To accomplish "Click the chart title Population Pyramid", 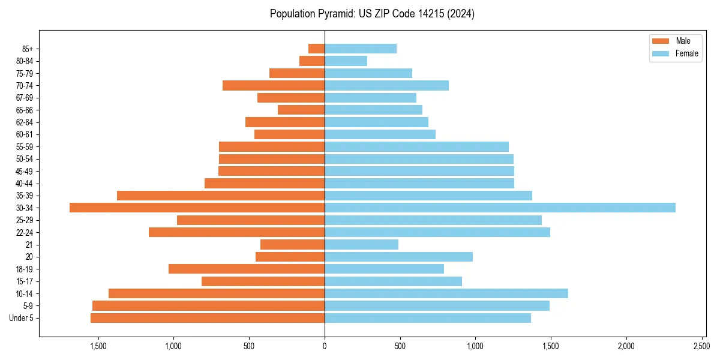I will pyautogui.click(x=372, y=14).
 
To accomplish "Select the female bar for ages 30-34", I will pyautogui.click(x=500, y=208).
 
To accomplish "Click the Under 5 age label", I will pyautogui.click(x=22, y=318).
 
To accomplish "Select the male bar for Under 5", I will pyautogui.click(x=208, y=318).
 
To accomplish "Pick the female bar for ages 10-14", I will pyautogui.click(x=446, y=293).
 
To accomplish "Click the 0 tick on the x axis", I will pyautogui.click(x=325, y=346).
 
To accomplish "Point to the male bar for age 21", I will pyautogui.click(x=292, y=244).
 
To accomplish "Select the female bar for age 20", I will pyautogui.click(x=398, y=257).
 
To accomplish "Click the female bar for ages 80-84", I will pyautogui.click(x=346, y=61).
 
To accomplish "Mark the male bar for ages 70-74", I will pyautogui.click(x=274, y=85).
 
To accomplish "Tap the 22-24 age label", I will pyautogui.click(x=25, y=232).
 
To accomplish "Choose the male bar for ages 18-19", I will pyautogui.click(x=247, y=269).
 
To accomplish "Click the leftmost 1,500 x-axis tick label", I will pyautogui.click(x=98, y=346).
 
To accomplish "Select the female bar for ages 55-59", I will pyautogui.click(x=416, y=146).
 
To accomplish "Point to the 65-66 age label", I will pyautogui.click(x=25, y=110).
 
